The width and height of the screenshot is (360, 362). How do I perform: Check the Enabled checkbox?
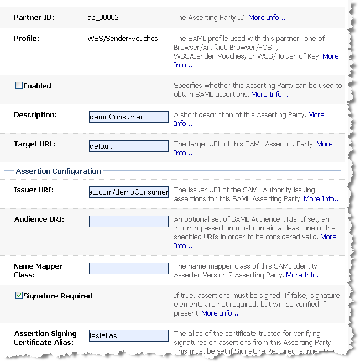click(19, 86)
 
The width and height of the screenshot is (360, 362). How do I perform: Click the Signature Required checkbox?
click(19, 296)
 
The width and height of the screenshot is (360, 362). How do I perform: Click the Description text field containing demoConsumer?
click(129, 117)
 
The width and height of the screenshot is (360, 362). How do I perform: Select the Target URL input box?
click(129, 146)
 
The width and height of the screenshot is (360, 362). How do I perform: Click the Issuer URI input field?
click(129, 192)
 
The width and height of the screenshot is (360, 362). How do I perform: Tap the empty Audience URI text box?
click(129, 221)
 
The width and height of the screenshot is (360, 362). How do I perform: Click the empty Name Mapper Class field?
click(129, 268)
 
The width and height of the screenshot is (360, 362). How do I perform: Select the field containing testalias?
click(129, 335)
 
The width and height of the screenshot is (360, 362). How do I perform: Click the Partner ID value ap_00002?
click(103, 18)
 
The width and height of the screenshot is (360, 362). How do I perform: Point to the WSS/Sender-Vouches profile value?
click(123, 39)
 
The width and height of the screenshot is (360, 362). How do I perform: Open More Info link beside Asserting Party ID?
click(267, 18)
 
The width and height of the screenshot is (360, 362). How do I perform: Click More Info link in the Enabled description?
click(269, 95)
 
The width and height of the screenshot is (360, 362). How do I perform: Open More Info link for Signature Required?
click(220, 313)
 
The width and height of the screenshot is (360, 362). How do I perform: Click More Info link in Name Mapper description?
click(304, 275)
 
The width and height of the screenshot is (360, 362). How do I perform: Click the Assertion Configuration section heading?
click(58, 171)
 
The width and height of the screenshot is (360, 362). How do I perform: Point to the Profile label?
click(27, 39)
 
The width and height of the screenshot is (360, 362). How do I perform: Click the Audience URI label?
click(39, 219)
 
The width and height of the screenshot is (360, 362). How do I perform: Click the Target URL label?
click(35, 144)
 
